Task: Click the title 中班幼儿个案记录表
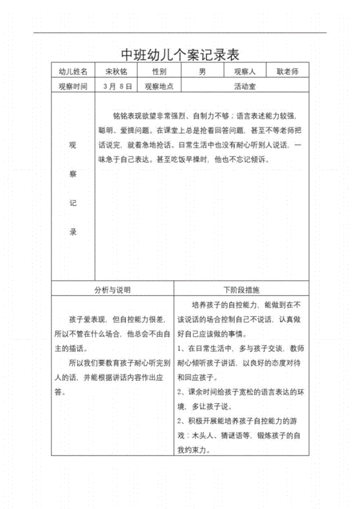pyautogui.click(x=179, y=55)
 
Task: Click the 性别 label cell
pyautogui.click(x=159, y=72)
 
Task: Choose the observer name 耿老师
pyautogui.click(x=292, y=72)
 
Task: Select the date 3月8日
pyautogui.click(x=118, y=86)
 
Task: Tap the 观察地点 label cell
pyautogui.click(x=159, y=86)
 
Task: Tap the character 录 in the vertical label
pyautogui.click(x=72, y=232)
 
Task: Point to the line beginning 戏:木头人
pyautogui.click(x=243, y=435)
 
